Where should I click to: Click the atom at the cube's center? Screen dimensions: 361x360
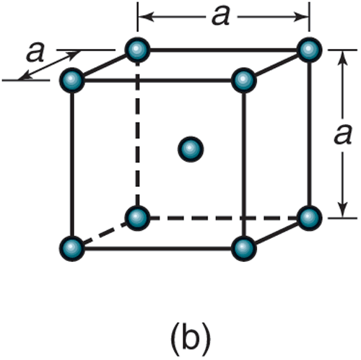pyautogui.click(x=191, y=149)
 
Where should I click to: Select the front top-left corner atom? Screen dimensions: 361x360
pyautogui.click(x=72, y=80)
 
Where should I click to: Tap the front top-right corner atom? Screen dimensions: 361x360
pyautogui.click(x=243, y=80)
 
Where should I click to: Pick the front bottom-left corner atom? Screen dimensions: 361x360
pyautogui.click(x=72, y=248)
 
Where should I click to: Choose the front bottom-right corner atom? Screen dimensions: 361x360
pyautogui.click(x=243, y=248)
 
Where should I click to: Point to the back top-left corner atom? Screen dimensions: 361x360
pyautogui.click(x=137, y=50)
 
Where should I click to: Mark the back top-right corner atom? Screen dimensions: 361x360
pyautogui.click(x=309, y=50)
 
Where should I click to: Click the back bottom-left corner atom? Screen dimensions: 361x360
pyautogui.click(x=137, y=218)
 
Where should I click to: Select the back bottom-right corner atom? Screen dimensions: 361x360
pyautogui.click(x=309, y=218)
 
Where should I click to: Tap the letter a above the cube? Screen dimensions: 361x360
pyautogui.click(x=221, y=17)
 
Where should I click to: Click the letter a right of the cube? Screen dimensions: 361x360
pyautogui.click(x=343, y=136)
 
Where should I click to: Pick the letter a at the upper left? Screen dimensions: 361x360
pyautogui.click(x=35, y=53)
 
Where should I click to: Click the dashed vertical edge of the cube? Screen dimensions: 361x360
pyautogui.click(x=137, y=134)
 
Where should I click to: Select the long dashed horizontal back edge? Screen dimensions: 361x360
pyautogui.click(x=223, y=218)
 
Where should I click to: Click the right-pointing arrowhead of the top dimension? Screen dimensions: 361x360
pyautogui.click(x=301, y=17)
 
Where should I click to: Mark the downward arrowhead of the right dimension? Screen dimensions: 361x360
pyautogui.click(x=343, y=209)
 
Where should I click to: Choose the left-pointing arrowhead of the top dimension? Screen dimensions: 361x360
pyautogui.click(x=146, y=17)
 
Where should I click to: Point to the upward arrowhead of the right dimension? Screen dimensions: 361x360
pyautogui.click(x=343, y=59)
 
